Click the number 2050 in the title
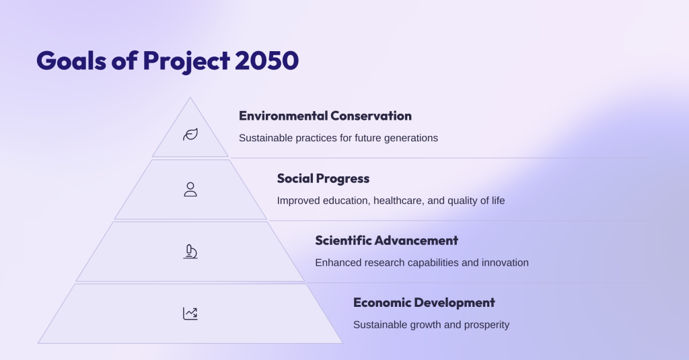click(266, 61)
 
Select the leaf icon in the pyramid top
click(190, 135)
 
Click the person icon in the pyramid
click(190, 189)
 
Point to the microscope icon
click(190, 252)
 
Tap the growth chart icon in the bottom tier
click(190, 313)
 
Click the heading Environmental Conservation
click(325, 116)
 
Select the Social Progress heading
click(323, 178)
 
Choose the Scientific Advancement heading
click(386, 240)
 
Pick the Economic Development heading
click(424, 302)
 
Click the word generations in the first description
click(410, 138)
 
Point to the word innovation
click(505, 262)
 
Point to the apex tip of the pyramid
click(190, 98)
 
